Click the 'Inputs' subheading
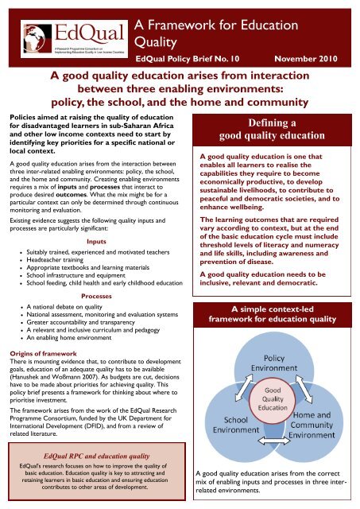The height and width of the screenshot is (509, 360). (96, 218)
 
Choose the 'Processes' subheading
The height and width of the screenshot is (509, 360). (96, 294)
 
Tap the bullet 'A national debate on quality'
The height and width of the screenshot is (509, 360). (72, 305)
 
